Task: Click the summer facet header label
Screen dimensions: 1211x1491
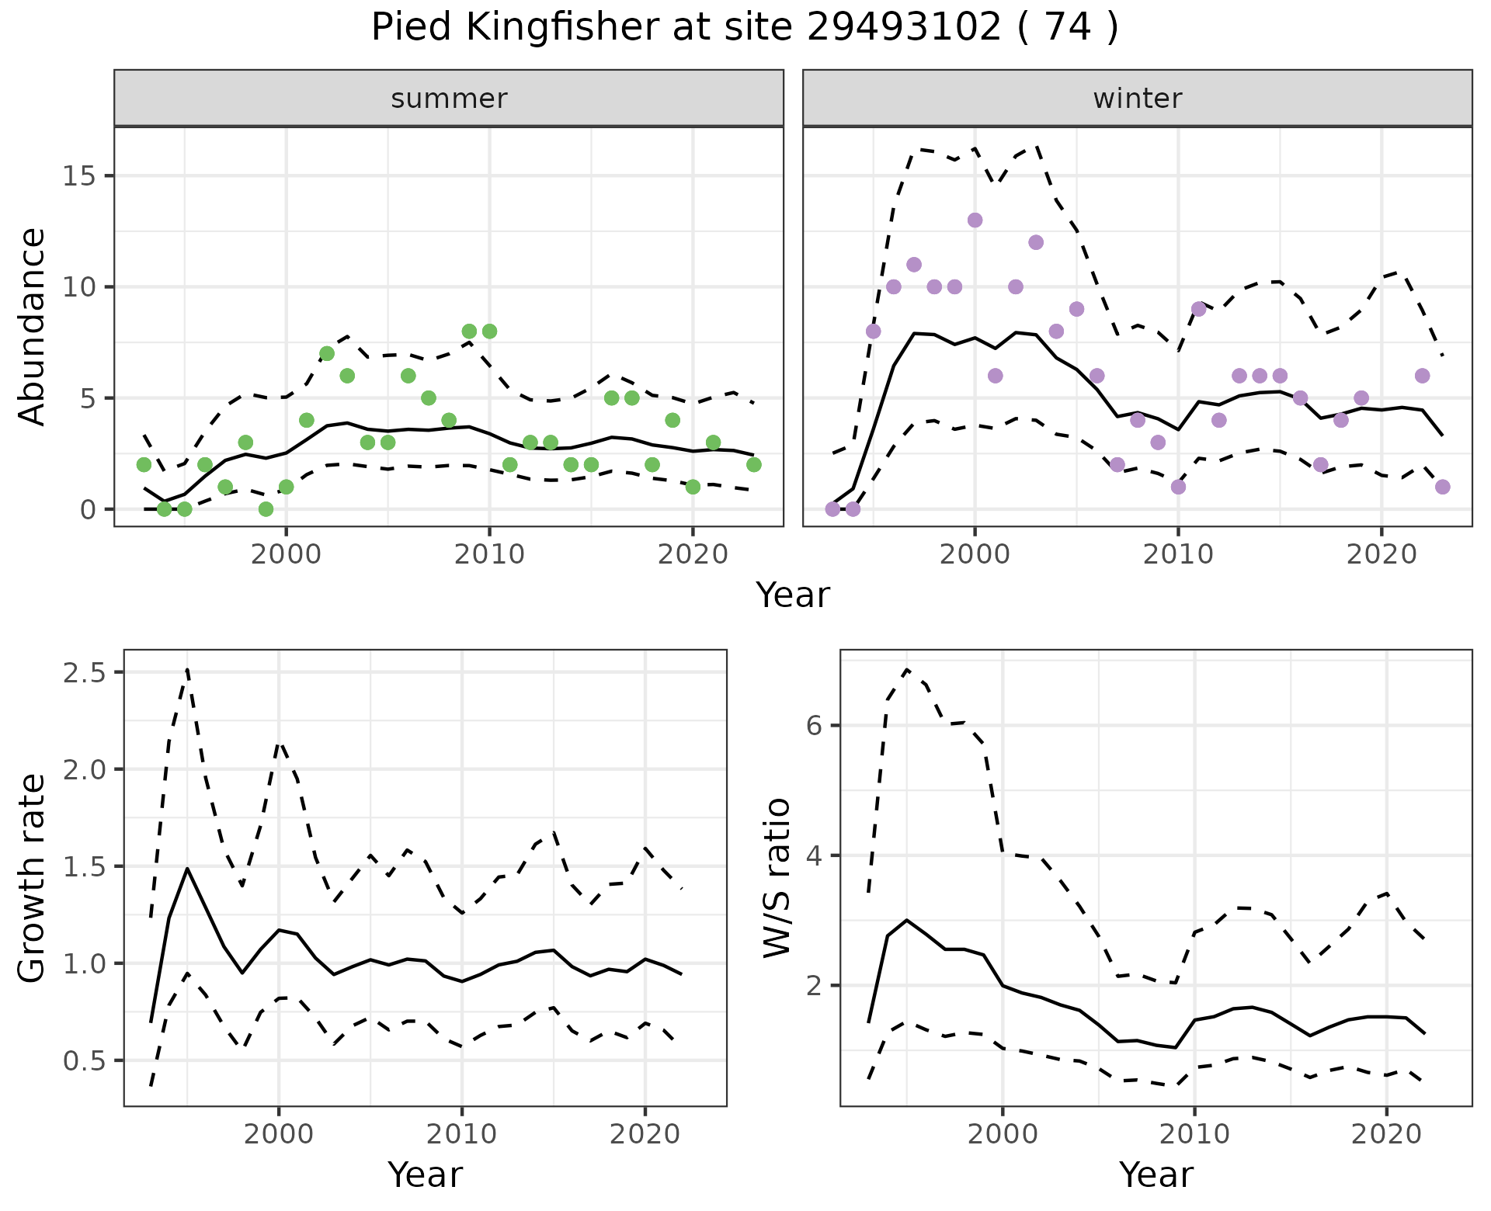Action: tap(449, 99)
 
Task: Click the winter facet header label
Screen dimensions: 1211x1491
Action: tap(1137, 99)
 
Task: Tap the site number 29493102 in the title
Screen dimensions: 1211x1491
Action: tap(904, 28)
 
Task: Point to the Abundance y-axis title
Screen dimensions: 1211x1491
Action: tap(32, 326)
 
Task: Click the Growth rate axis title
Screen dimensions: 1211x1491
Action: tap(32, 878)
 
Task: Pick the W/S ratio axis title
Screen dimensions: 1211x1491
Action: tap(777, 878)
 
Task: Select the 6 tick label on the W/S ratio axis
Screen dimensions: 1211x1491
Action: tap(813, 726)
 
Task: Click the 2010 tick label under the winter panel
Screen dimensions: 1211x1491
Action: tap(1177, 555)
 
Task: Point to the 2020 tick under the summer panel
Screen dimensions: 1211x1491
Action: tap(692, 555)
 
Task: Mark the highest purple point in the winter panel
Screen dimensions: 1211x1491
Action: tap(975, 220)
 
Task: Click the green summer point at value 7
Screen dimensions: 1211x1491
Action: tap(327, 354)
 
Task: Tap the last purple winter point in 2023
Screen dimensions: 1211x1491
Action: tap(1443, 487)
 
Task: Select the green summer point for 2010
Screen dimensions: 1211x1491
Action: tap(489, 331)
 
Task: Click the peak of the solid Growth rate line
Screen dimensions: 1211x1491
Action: tap(187, 869)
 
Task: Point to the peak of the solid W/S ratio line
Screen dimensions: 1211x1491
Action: tap(906, 920)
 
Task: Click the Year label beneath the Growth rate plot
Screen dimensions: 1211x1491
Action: tap(425, 1175)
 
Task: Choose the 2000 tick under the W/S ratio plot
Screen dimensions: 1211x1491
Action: tap(1002, 1134)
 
